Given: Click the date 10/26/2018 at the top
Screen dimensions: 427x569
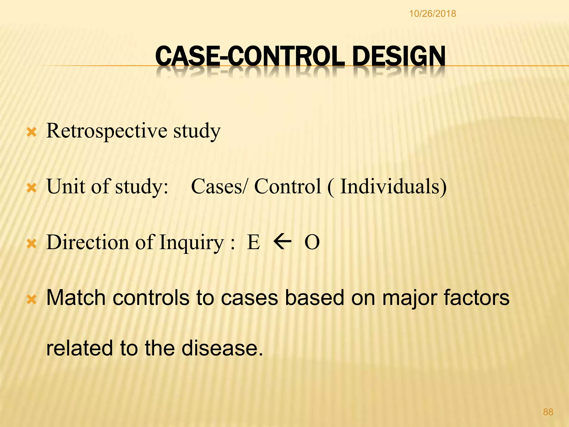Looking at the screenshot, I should click(432, 14).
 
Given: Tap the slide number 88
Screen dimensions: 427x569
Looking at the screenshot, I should click(548, 412).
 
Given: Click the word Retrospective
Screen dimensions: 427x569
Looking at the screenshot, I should click(107, 131).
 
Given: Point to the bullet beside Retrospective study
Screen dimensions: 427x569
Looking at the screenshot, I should click(31, 133).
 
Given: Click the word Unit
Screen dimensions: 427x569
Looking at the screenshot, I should click(66, 186).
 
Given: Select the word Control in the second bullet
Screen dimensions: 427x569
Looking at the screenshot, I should click(288, 186).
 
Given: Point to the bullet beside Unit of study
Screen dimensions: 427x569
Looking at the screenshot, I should click(31, 189).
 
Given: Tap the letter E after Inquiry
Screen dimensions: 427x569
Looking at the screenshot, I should click(253, 242).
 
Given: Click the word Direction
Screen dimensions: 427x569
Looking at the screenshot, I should click(88, 242).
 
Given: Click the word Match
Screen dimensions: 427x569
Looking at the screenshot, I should click(76, 298).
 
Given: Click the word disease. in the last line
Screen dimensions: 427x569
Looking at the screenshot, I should click(222, 348).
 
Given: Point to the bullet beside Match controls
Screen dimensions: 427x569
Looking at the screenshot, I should click(31, 300).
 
